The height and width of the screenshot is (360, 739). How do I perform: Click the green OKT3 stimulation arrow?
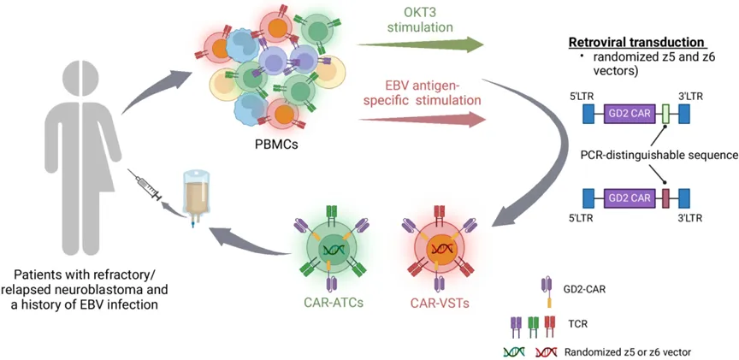point(421,44)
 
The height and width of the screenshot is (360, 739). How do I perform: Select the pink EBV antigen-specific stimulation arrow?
point(423,120)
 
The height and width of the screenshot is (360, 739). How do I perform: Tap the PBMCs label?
point(273,141)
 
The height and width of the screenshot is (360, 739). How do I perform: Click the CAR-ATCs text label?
point(332,304)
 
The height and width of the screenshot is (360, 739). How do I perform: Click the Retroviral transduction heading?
point(636,42)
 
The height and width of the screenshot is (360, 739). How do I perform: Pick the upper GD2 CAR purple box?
point(630,114)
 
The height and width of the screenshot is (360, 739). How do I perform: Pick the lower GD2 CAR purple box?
point(630,198)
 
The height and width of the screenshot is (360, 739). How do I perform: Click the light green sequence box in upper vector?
point(665,114)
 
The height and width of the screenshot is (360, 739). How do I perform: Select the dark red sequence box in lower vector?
point(665,198)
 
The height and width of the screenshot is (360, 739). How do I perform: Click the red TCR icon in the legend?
point(549,326)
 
